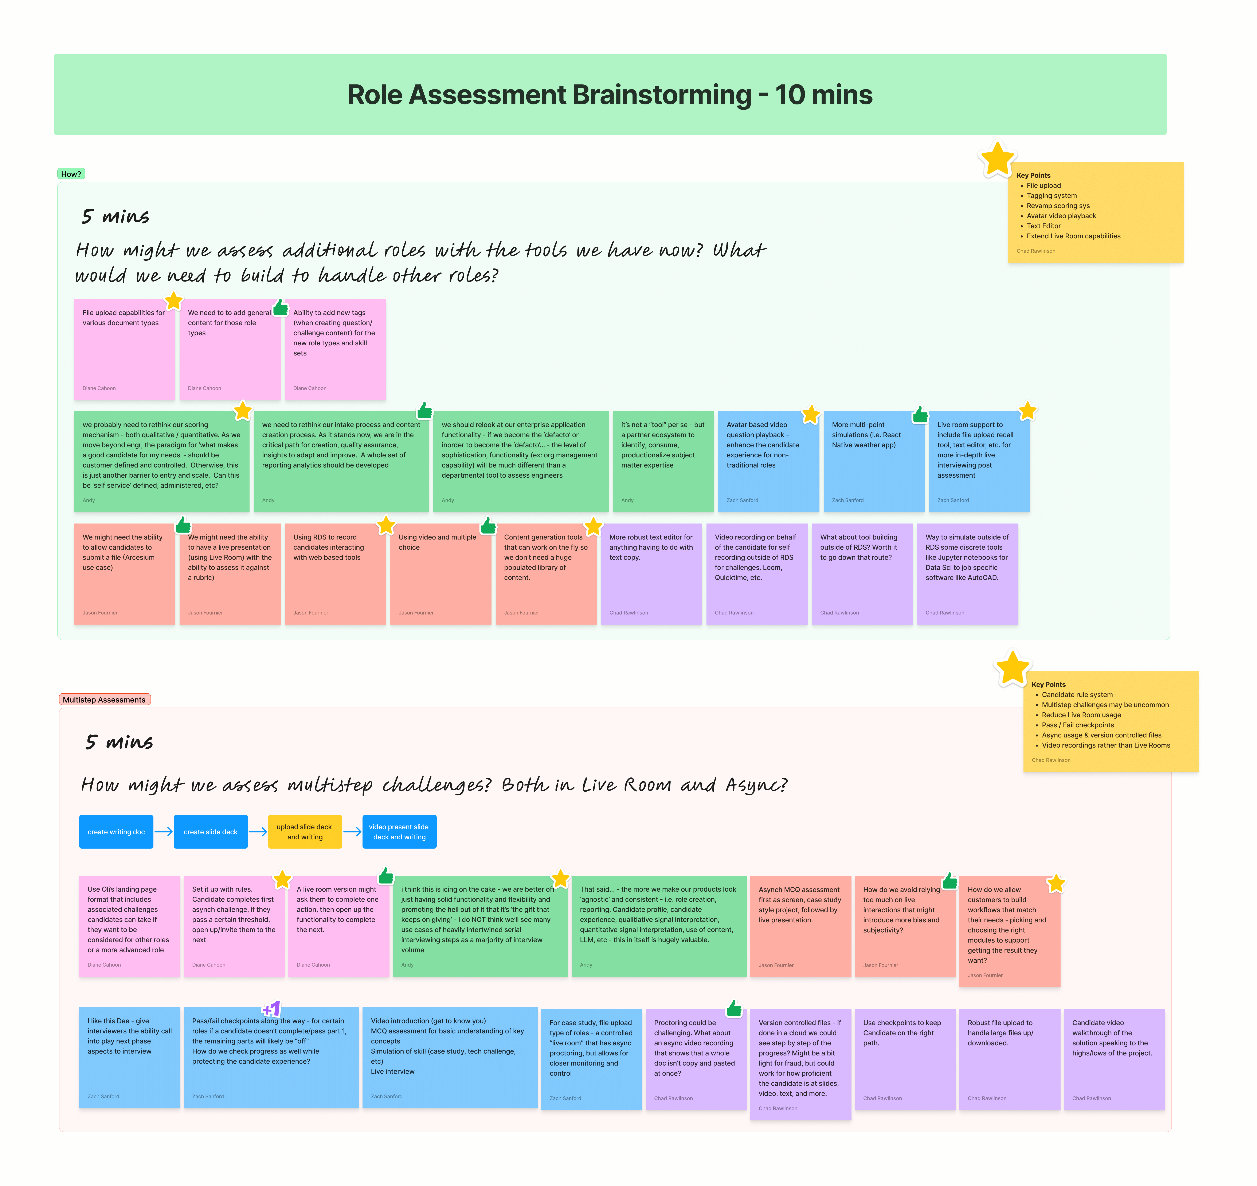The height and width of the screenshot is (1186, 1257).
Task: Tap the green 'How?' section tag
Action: pos(71,174)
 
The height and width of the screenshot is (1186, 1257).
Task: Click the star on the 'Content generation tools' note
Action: pos(593,526)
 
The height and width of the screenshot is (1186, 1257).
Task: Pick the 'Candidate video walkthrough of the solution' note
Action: pos(1113,1059)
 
